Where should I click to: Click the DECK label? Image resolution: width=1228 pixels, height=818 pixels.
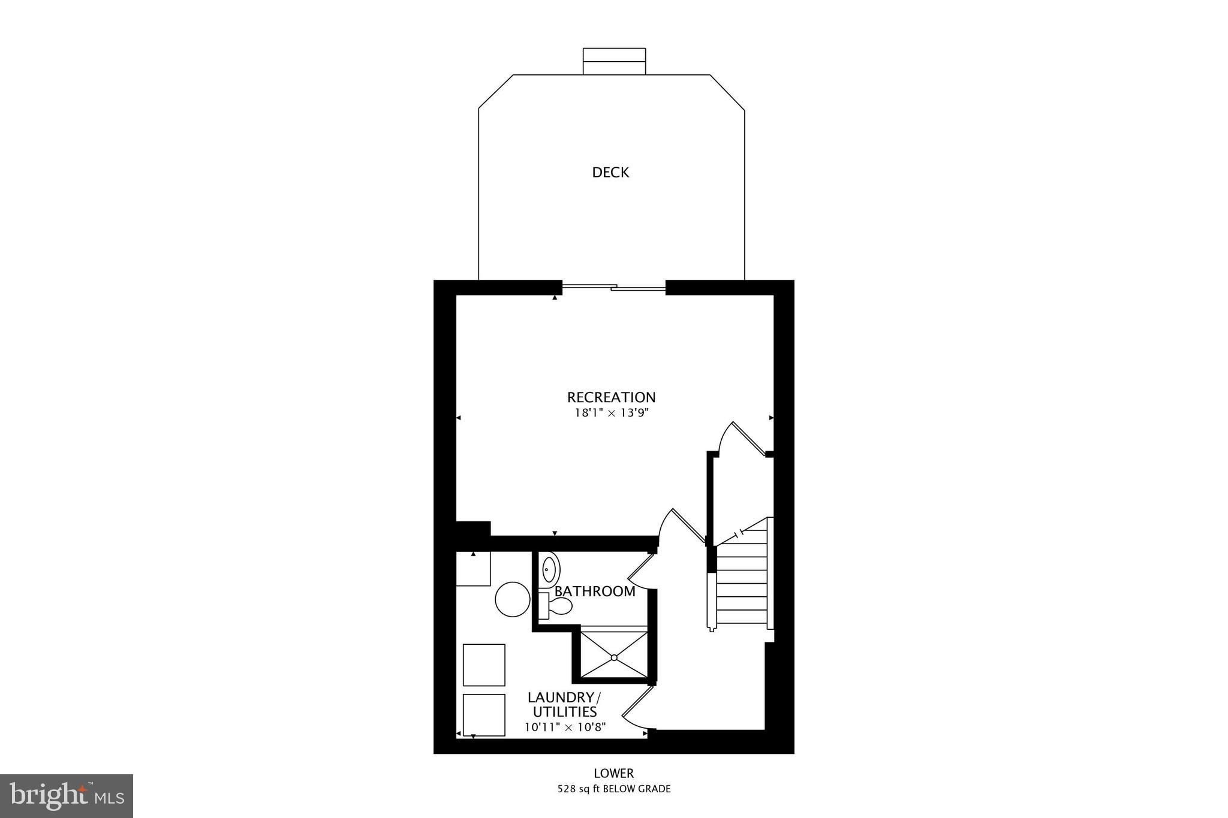tap(610, 173)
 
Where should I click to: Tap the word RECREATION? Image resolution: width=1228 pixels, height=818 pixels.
tap(611, 397)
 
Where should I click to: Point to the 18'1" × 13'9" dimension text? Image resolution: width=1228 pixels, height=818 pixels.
tap(612, 413)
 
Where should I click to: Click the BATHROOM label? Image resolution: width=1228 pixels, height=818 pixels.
tap(594, 591)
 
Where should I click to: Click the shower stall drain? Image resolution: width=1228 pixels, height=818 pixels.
tap(614, 657)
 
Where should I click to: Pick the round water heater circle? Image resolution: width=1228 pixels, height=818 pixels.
tap(513, 599)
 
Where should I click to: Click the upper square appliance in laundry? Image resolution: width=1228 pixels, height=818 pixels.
tap(484, 665)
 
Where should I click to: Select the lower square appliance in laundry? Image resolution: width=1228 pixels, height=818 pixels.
tap(484, 714)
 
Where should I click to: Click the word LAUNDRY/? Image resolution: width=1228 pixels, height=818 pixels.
tap(564, 698)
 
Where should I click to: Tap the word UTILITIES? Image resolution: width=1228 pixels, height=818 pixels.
tap(564, 712)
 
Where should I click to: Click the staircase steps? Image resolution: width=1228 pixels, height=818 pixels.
tap(742, 581)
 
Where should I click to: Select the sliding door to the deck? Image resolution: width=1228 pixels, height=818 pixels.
tap(613, 288)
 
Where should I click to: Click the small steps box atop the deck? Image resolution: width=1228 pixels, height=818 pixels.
tap(614, 61)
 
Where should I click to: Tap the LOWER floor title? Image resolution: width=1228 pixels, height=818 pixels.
tap(613, 774)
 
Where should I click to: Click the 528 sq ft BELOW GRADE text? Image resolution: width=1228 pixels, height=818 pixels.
tap(613, 789)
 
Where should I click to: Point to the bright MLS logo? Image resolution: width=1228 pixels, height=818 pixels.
tap(67, 796)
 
